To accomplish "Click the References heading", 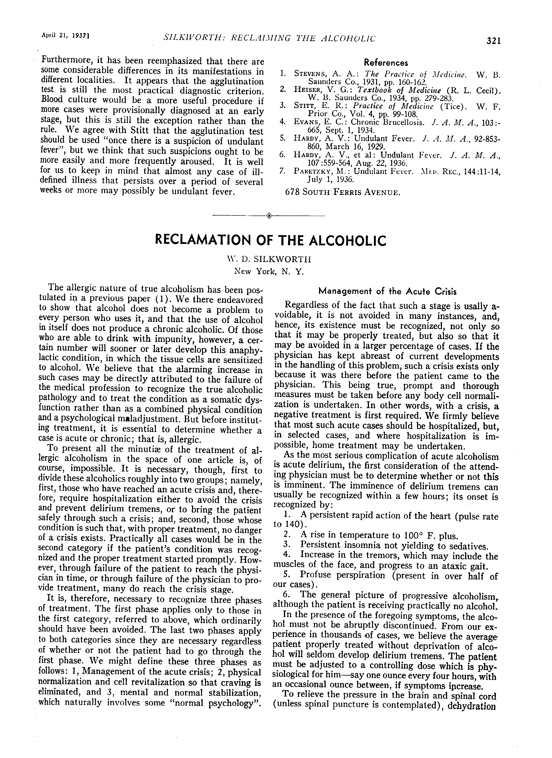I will [386, 62].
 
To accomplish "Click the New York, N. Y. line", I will [269, 271].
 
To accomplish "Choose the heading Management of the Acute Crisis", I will [387, 291].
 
